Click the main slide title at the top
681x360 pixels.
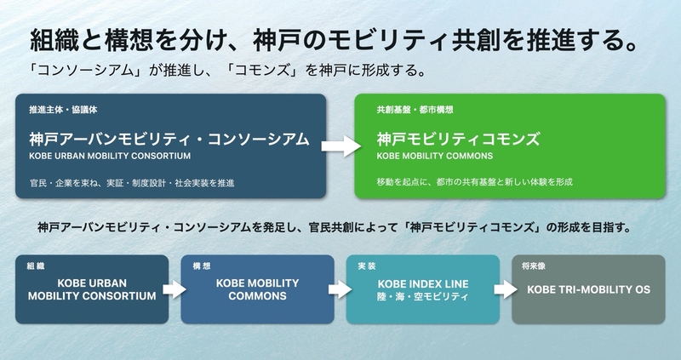click(334, 40)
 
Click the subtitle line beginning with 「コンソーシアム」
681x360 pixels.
click(226, 71)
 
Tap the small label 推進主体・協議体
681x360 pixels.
click(63, 110)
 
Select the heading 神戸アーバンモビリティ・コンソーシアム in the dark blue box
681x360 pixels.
click(169, 139)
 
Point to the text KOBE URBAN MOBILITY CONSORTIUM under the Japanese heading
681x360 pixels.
click(110, 156)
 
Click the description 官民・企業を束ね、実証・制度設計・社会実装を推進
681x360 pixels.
click(132, 183)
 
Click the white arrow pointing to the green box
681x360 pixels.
click(341, 146)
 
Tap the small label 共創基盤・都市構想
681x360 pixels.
click(415, 110)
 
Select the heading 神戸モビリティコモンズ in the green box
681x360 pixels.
click(458, 139)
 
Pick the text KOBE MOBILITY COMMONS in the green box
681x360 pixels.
click(435, 156)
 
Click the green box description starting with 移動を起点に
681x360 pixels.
click(475, 182)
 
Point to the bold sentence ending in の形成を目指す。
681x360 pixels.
click(335, 227)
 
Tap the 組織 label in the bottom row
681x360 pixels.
click(36, 266)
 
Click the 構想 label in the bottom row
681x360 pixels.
click(202, 266)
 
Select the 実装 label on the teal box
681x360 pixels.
click(367, 266)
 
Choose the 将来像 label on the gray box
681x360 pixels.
click(534, 266)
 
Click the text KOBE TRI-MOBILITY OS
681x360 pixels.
click(588, 289)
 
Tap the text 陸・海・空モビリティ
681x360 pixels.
click(423, 297)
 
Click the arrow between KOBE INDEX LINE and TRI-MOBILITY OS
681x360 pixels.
click(506, 289)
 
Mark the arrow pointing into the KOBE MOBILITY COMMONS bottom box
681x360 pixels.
click(175, 289)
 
